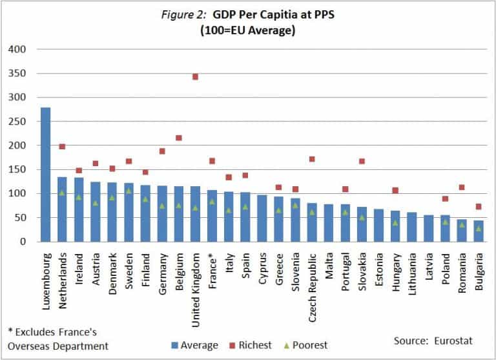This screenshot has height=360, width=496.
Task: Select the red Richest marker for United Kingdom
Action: coord(195,77)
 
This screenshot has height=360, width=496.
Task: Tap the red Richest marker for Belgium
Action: coord(179,138)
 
